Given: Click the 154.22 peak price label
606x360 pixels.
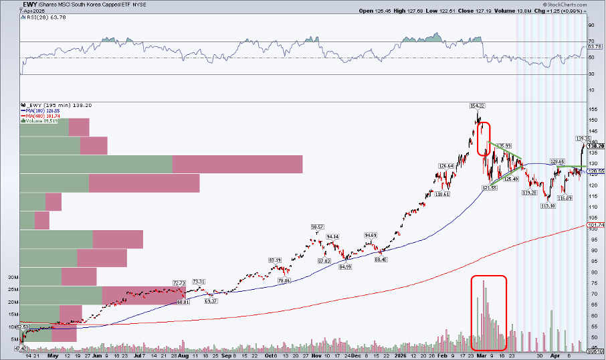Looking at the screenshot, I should tap(477, 106).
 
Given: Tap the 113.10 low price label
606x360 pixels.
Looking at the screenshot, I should tap(548, 206).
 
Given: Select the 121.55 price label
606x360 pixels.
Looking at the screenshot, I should tap(490, 188).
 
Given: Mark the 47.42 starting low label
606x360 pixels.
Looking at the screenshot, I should tap(20, 349).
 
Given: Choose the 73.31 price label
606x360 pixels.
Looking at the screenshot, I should tap(199, 282).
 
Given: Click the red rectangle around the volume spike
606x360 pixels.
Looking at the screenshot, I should tap(488, 313).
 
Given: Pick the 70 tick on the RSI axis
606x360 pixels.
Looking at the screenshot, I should tap(590, 42).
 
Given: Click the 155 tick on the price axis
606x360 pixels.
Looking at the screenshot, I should tap(592, 108).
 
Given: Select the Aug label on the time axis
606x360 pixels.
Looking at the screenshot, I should tap(183, 357).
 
